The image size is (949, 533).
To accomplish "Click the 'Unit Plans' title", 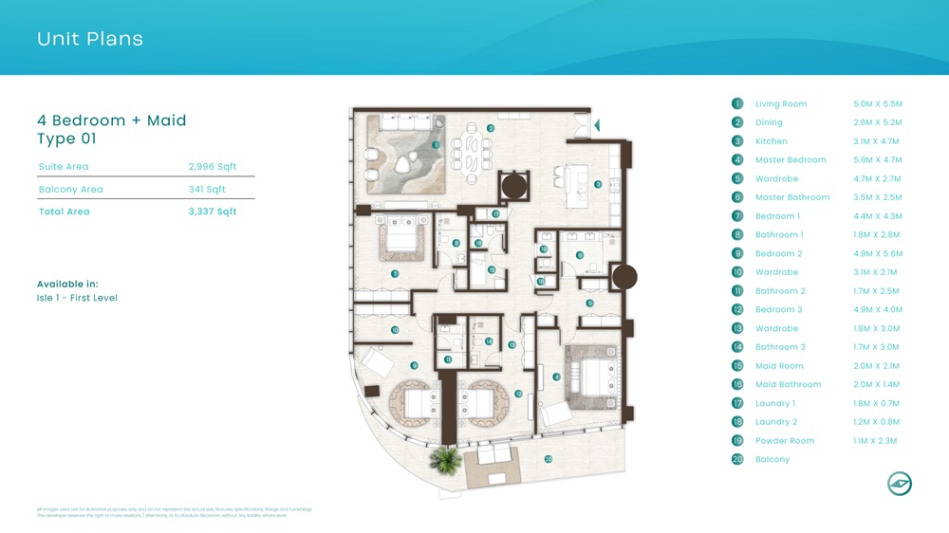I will [x=90, y=39].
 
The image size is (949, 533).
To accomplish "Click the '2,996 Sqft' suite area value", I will [x=213, y=167].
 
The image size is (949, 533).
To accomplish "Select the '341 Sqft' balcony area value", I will [x=207, y=190].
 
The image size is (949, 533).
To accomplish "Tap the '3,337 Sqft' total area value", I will [x=213, y=211].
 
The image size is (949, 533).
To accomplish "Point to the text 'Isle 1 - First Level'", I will [x=77, y=298].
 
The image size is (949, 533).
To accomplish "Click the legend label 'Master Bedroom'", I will [x=791, y=160].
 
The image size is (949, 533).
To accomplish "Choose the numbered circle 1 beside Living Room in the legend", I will [x=737, y=103].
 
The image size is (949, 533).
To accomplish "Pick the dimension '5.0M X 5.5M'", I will [x=878, y=104].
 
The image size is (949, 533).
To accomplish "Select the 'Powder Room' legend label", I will [x=785, y=441].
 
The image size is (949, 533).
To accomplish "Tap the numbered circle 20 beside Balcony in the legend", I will [x=737, y=459].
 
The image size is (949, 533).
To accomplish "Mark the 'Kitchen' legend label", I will [x=772, y=141].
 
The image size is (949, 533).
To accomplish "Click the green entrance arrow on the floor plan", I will [x=596, y=125].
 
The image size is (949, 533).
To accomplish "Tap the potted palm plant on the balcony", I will [x=444, y=462].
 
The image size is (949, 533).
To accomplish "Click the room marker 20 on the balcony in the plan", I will [x=549, y=459].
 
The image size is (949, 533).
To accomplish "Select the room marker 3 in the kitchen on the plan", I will [x=598, y=184].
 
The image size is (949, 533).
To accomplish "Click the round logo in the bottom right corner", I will [x=899, y=484].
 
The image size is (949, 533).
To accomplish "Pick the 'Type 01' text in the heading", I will [x=66, y=139].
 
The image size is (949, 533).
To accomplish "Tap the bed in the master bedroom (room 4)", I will [x=592, y=371].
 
